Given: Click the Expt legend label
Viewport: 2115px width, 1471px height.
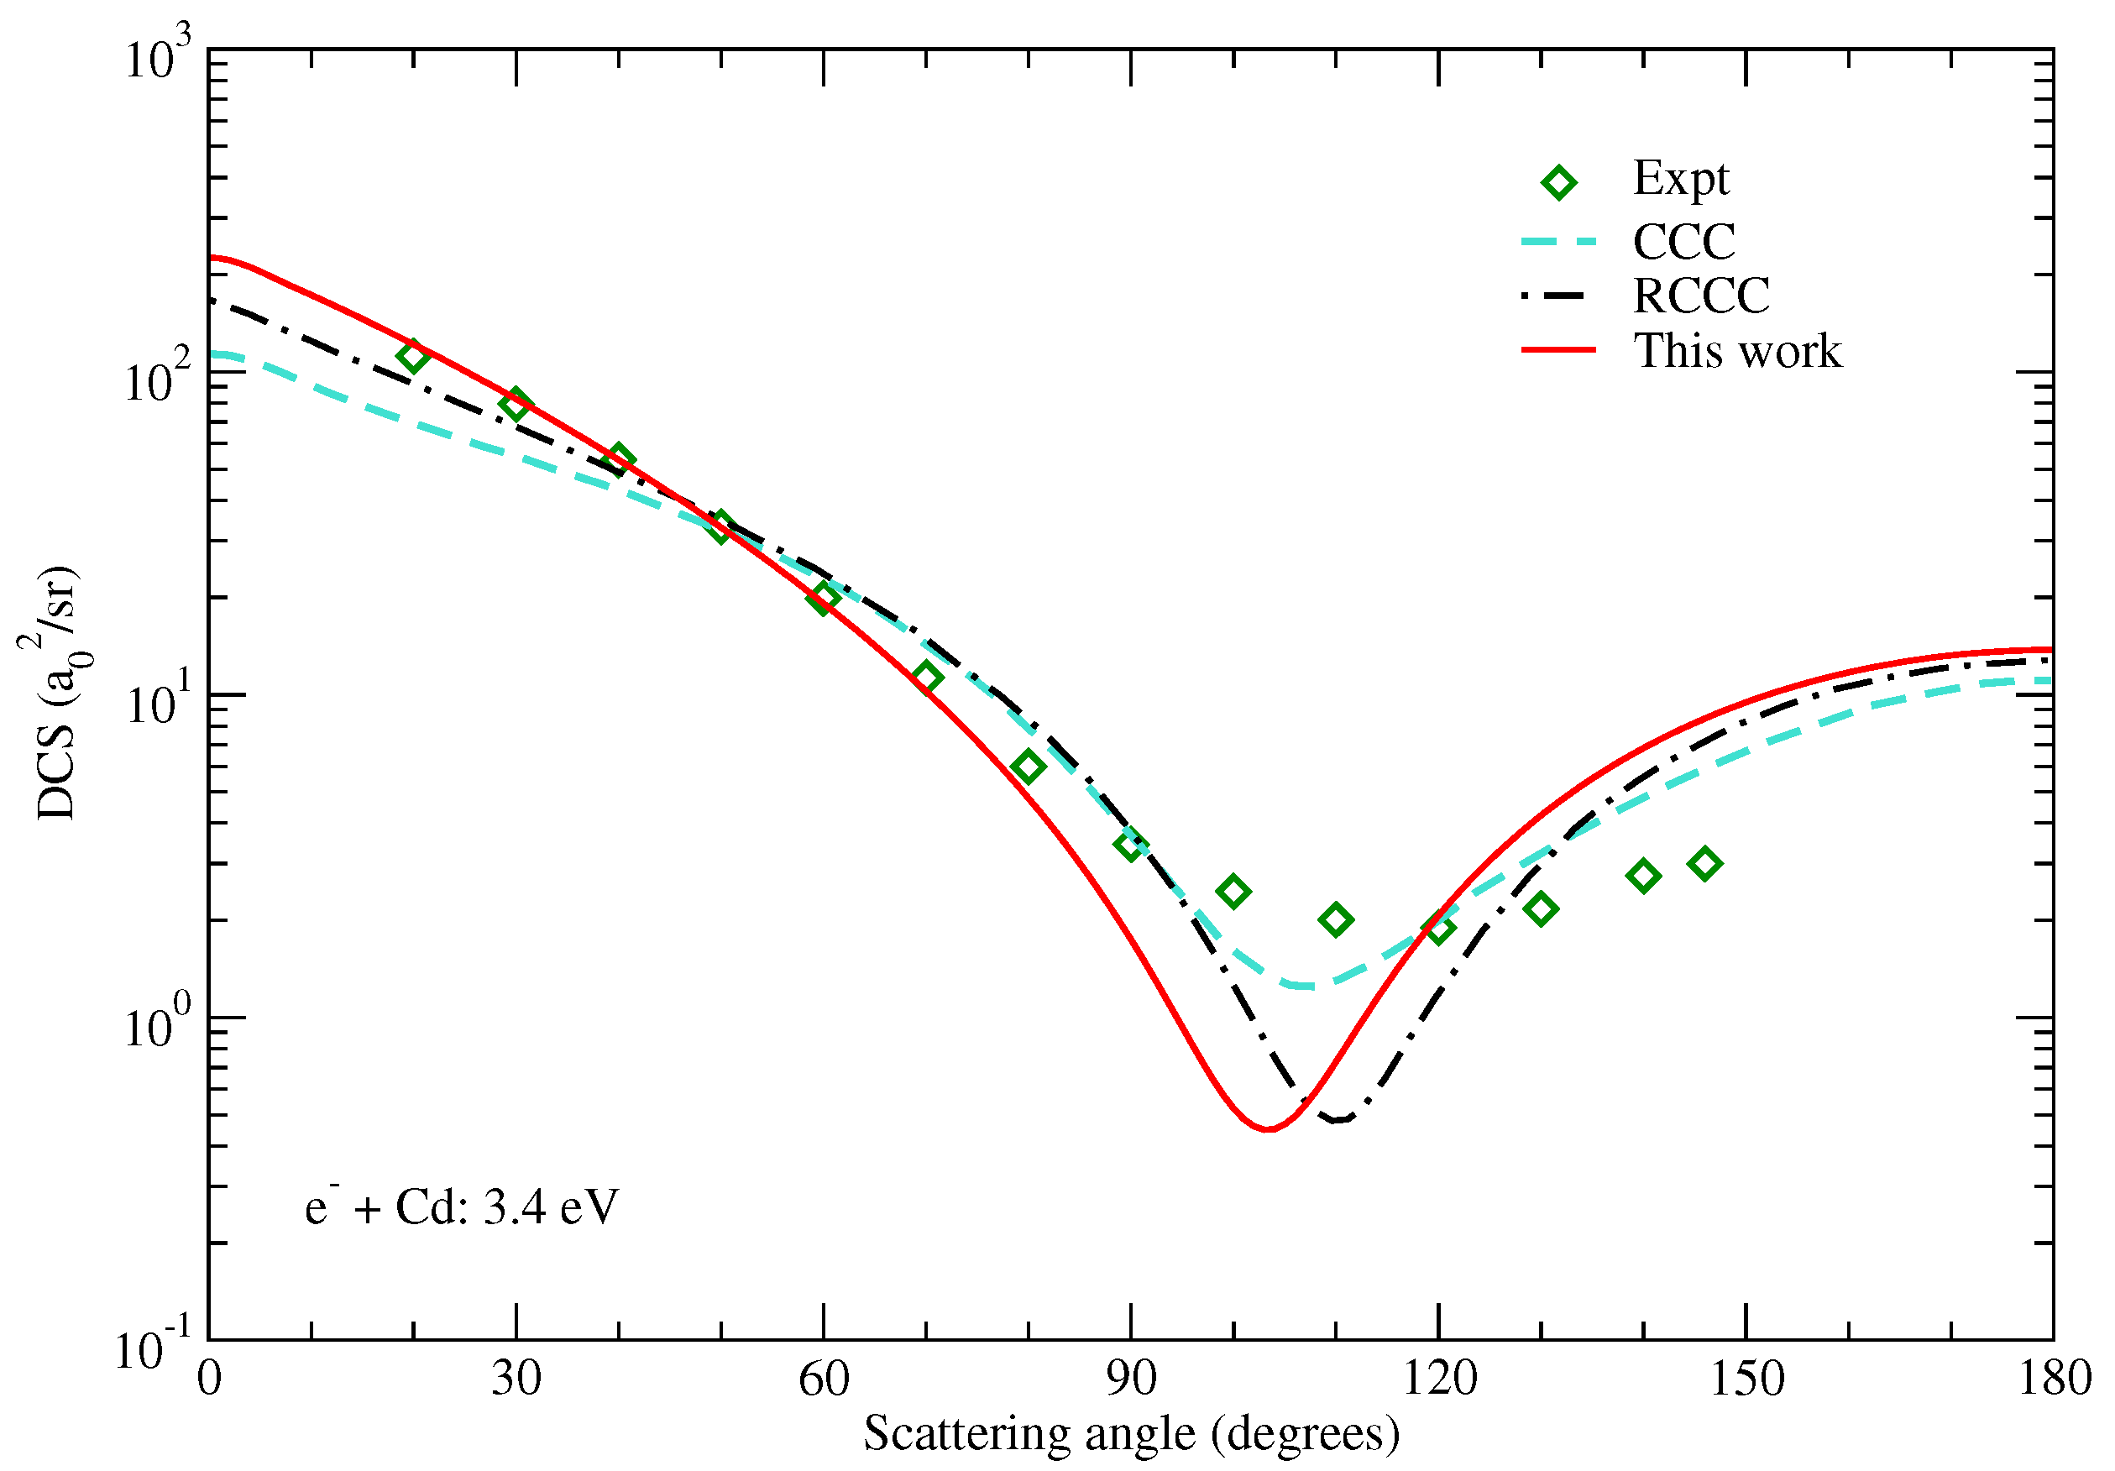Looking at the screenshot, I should tap(1680, 179).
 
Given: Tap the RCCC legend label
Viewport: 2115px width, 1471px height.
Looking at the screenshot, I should tap(1700, 296).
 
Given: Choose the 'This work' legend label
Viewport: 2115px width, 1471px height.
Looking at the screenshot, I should tap(1737, 351).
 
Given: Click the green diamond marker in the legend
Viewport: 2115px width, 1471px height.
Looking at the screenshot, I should tap(1558, 182).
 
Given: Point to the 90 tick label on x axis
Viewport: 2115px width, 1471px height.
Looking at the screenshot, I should tap(1130, 1379).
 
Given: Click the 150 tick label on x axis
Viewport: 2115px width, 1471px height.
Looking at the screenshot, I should tap(1746, 1379).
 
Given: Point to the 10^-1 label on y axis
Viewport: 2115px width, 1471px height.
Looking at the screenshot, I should tap(153, 1348).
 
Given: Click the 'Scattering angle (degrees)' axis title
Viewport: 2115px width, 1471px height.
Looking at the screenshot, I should tap(1131, 1433).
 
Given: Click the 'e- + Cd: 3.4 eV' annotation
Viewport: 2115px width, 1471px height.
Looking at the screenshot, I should tap(462, 1207).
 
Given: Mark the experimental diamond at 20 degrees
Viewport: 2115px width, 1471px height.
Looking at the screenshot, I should tap(414, 357).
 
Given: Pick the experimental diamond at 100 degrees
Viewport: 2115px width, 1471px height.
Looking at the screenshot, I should tap(1233, 891).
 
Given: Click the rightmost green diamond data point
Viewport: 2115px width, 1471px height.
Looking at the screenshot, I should tap(1705, 864).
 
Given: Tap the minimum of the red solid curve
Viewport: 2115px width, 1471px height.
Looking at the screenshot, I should tap(1269, 1128).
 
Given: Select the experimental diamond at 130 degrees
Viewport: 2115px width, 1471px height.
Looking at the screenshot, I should tap(1541, 909).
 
